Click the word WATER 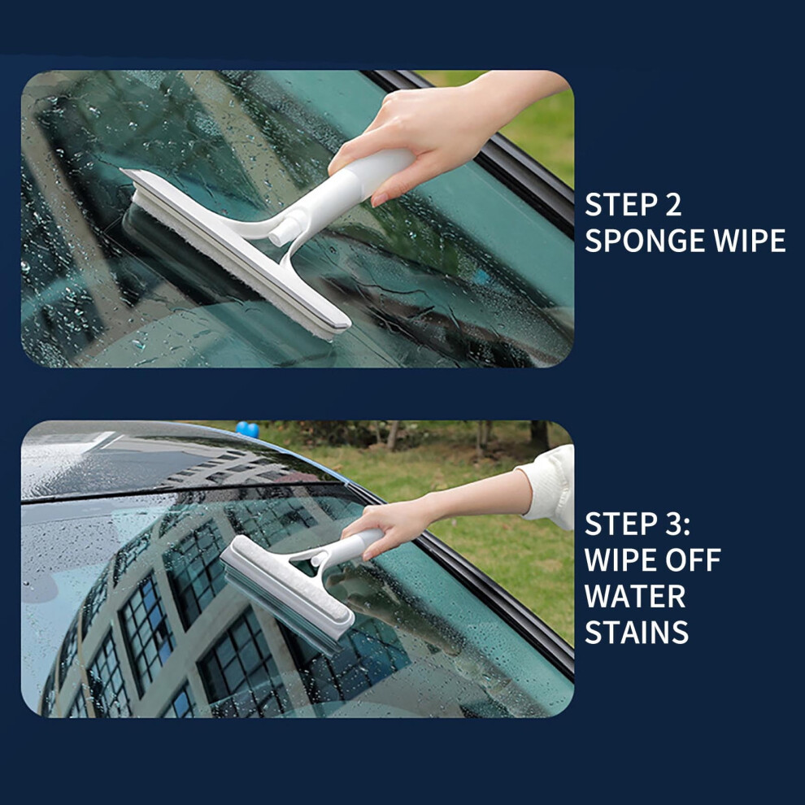click(x=635, y=597)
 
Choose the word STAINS click(x=637, y=632)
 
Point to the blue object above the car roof click(x=247, y=429)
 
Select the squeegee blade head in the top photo click(x=236, y=251)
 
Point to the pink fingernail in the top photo click(x=380, y=200)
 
